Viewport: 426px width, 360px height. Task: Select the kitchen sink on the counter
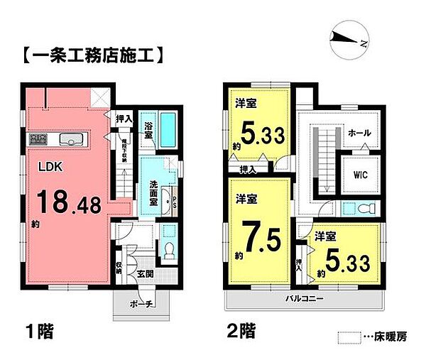72,139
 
